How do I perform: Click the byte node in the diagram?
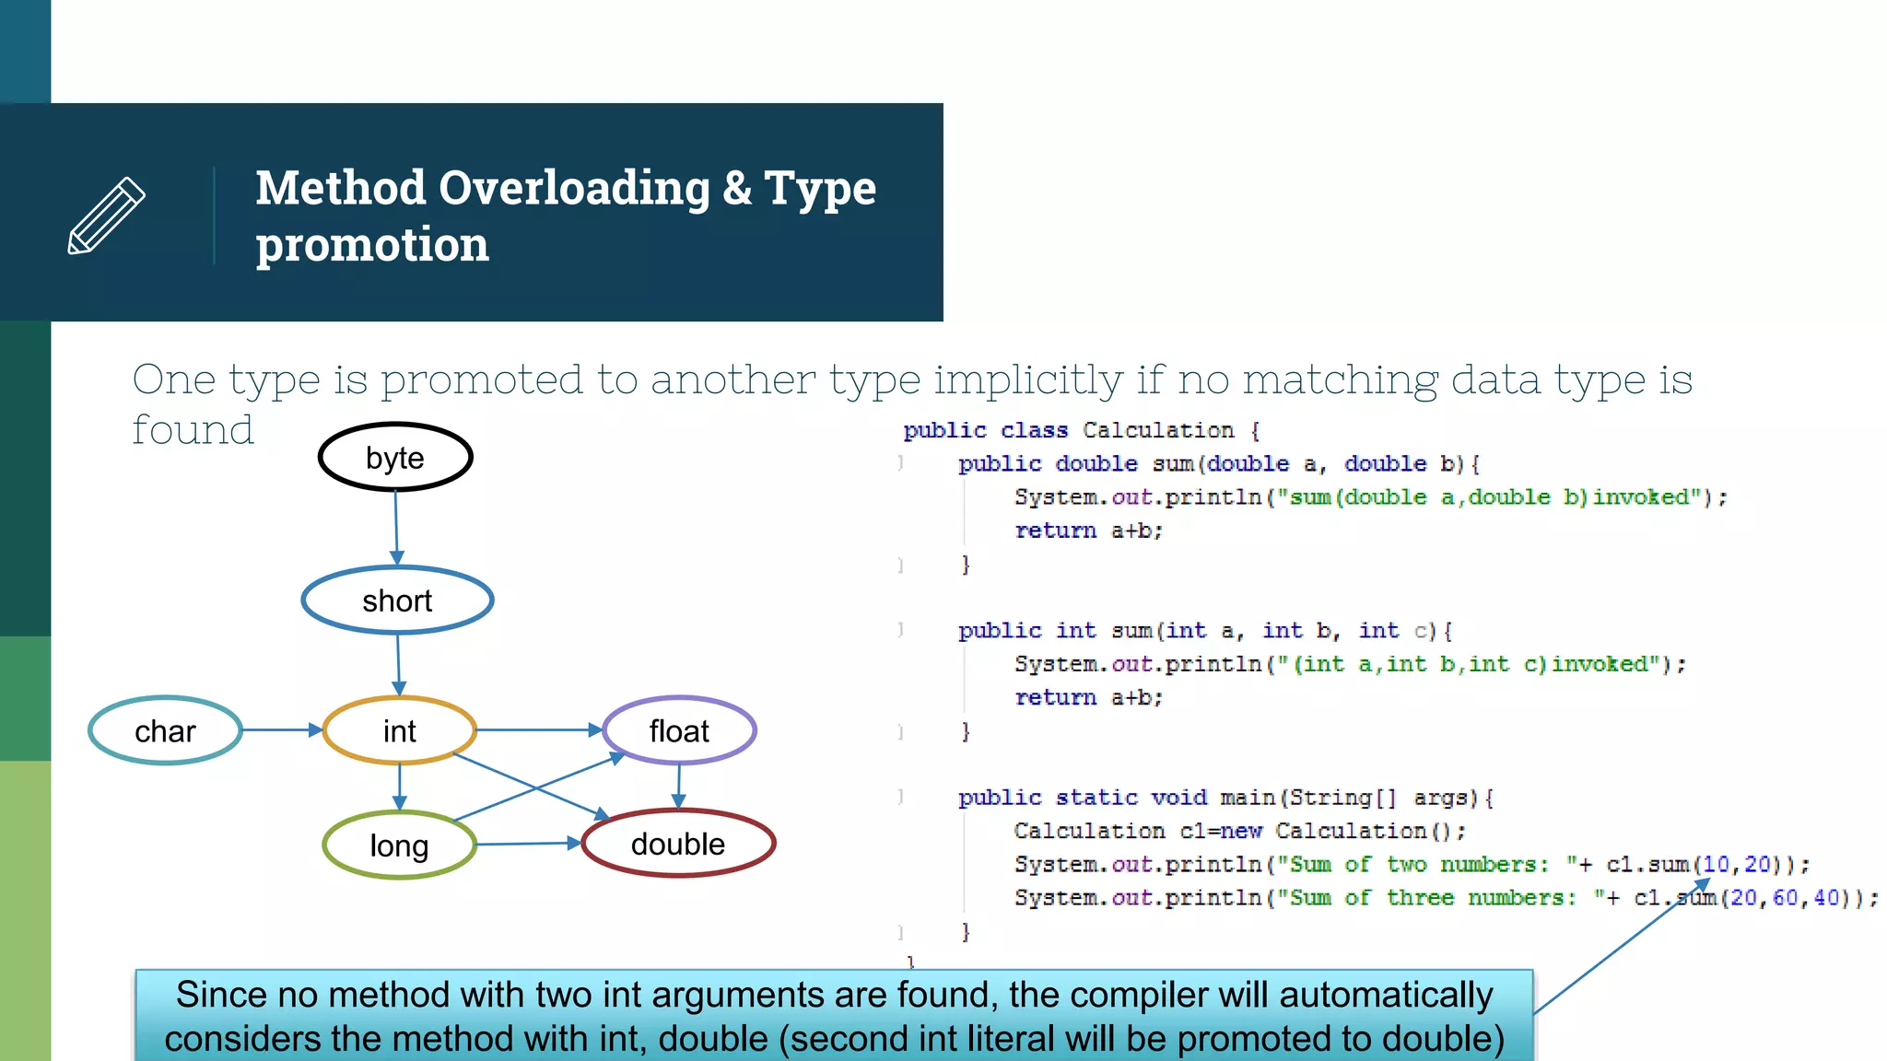(x=395, y=458)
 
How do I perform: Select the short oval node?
(x=397, y=600)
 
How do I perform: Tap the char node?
(x=165, y=731)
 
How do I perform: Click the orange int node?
(x=399, y=731)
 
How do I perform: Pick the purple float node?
(x=679, y=731)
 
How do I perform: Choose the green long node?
(x=399, y=845)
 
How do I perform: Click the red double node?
(x=678, y=844)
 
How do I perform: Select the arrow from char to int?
(x=282, y=729)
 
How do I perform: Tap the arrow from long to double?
(x=527, y=844)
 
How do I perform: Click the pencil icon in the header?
(x=107, y=216)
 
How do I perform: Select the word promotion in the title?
(x=372, y=245)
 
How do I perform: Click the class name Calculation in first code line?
(x=1157, y=430)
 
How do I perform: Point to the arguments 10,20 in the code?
(x=1736, y=865)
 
